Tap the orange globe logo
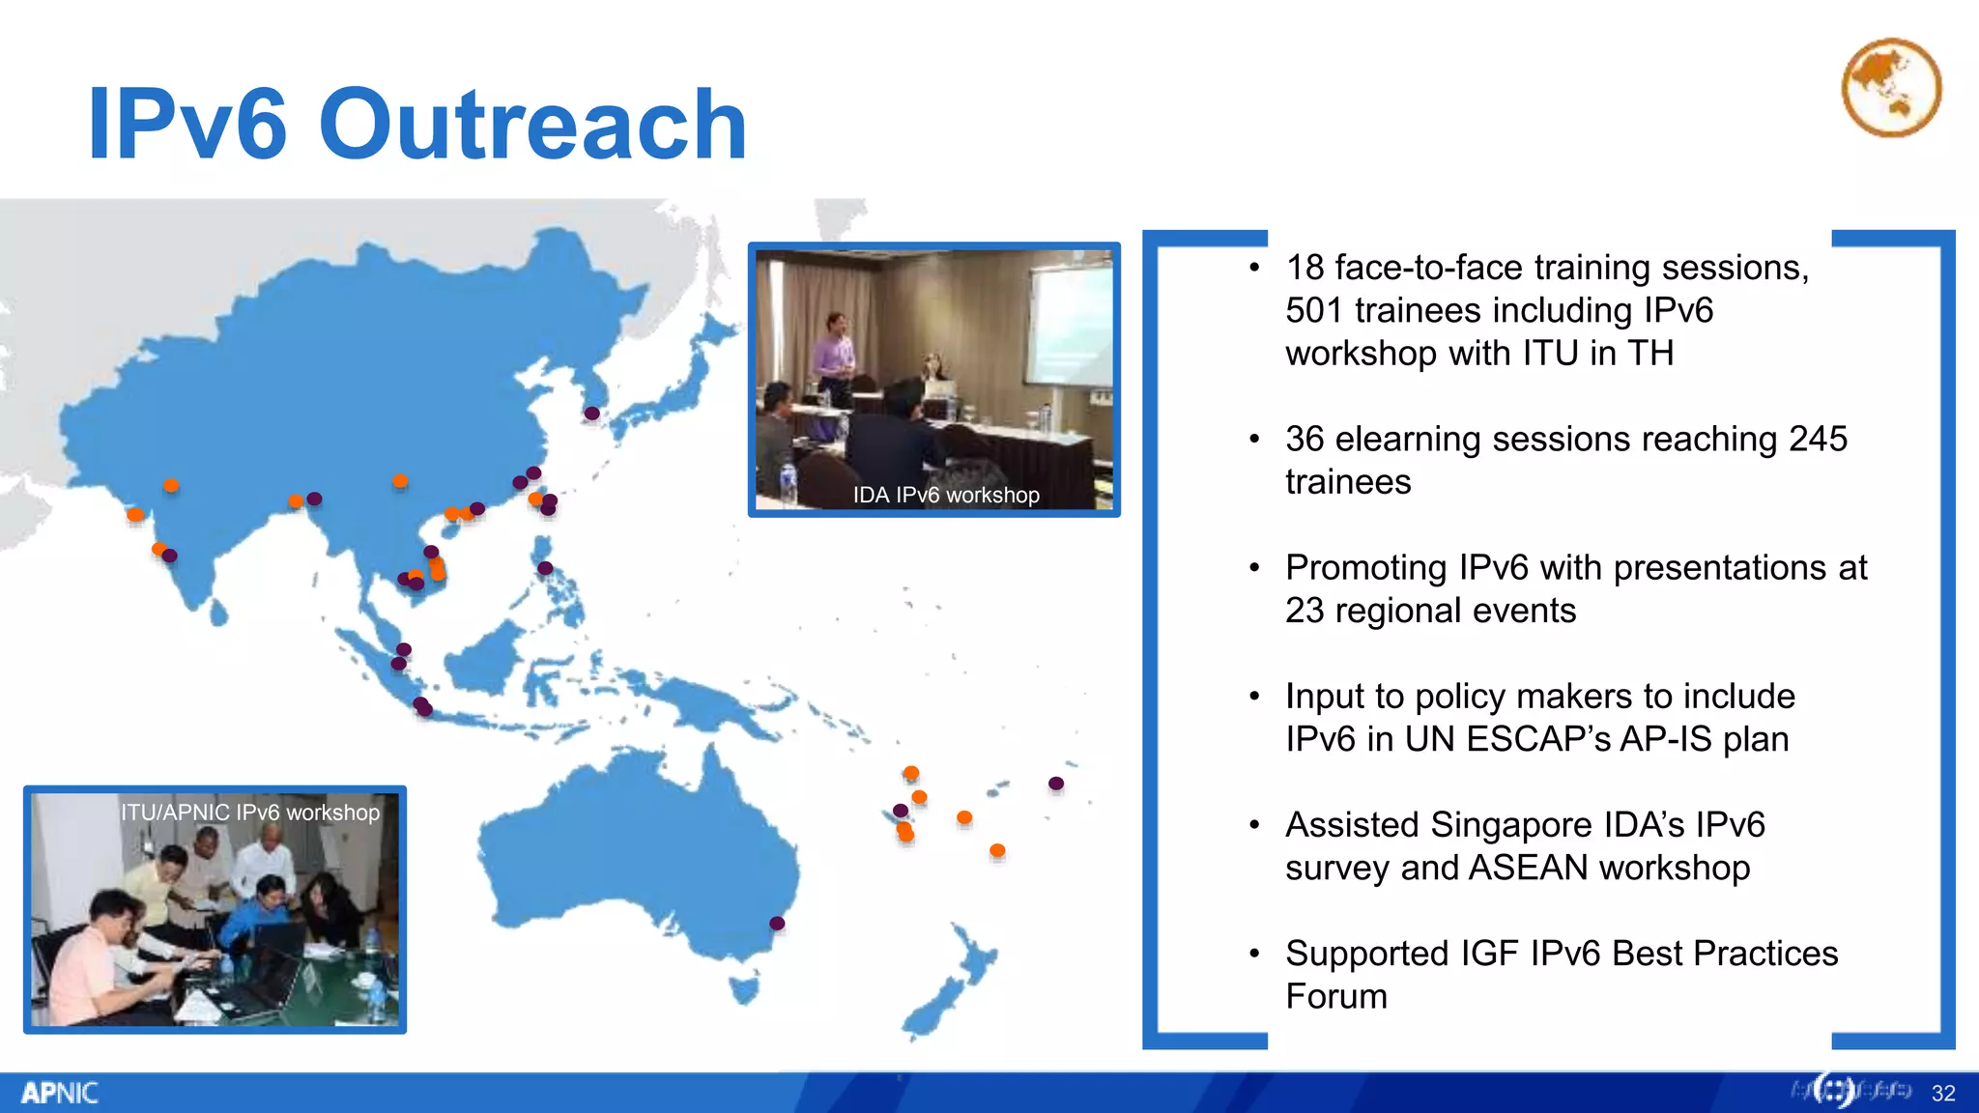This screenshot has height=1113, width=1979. pyautogui.click(x=1891, y=88)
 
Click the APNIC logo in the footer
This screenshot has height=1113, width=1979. pyautogui.click(x=59, y=1093)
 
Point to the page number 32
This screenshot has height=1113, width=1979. pyautogui.click(x=1943, y=1093)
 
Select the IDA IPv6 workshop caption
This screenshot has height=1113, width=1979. pyautogui.click(x=945, y=495)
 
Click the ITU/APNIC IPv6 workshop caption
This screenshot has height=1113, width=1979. pyautogui.click(x=250, y=813)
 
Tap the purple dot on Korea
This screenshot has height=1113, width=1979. pyautogui.click(x=591, y=414)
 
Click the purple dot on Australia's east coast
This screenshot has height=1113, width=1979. pyautogui.click(x=777, y=924)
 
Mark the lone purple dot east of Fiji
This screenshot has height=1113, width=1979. pyautogui.click(x=1056, y=784)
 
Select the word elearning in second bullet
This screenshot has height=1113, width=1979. pyautogui.click(x=1416, y=440)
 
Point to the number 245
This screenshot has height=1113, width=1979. pyautogui.click(x=1817, y=440)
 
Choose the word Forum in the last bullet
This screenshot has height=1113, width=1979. pyautogui.click(x=1335, y=997)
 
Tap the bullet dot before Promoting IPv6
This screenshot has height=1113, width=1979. pyautogui.click(x=1254, y=568)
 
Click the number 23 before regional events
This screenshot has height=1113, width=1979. pyautogui.click(x=1304, y=612)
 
